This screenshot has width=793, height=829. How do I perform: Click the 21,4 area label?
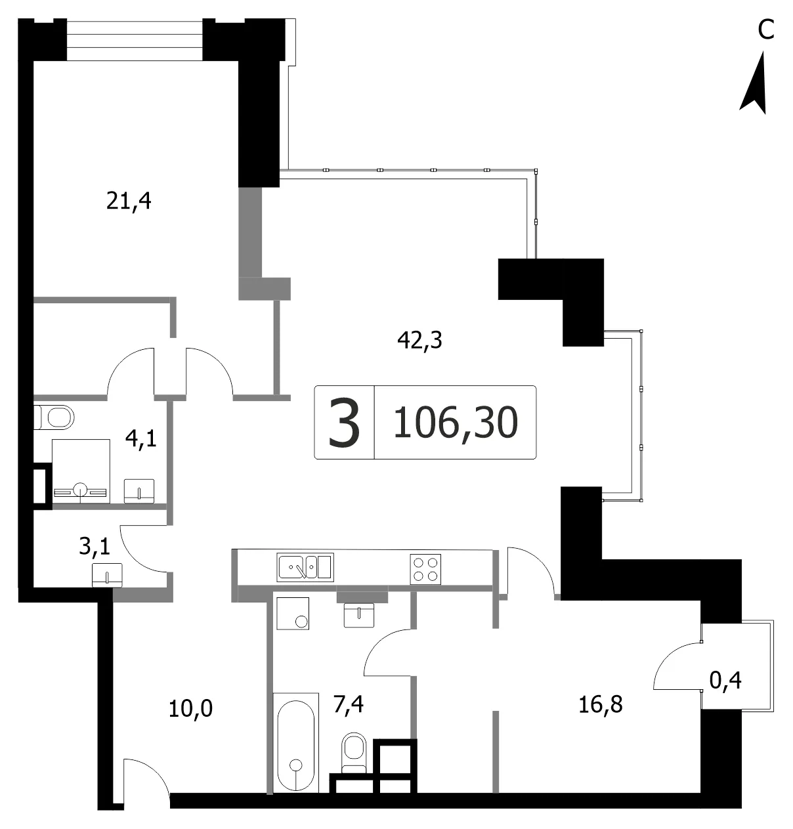(x=128, y=201)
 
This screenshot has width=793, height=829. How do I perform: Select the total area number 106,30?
(x=455, y=423)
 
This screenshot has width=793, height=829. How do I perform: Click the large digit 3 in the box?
(x=344, y=422)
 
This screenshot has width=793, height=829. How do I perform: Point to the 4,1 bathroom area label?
(x=141, y=438)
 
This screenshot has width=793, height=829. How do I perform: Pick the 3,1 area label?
(x=95, y=547)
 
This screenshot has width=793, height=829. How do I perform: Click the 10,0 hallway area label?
(x=190, y=710)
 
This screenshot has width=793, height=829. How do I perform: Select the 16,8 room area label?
(x=601, y=705)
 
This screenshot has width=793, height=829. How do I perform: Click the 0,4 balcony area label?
(x=725, y=681)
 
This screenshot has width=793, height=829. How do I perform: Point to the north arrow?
(x=754, y=83)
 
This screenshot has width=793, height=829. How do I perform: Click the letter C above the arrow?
(x=765, y=30)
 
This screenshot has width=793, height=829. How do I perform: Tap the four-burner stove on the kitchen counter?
(x=425, y=569)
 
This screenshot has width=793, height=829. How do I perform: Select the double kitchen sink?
(x=305, y=567)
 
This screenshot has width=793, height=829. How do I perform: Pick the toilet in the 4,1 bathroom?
(x=54, y=417)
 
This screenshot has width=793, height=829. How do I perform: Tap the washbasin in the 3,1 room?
(x=108, y=576)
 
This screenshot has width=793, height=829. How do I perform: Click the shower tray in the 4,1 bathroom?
(x=81, y=471)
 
